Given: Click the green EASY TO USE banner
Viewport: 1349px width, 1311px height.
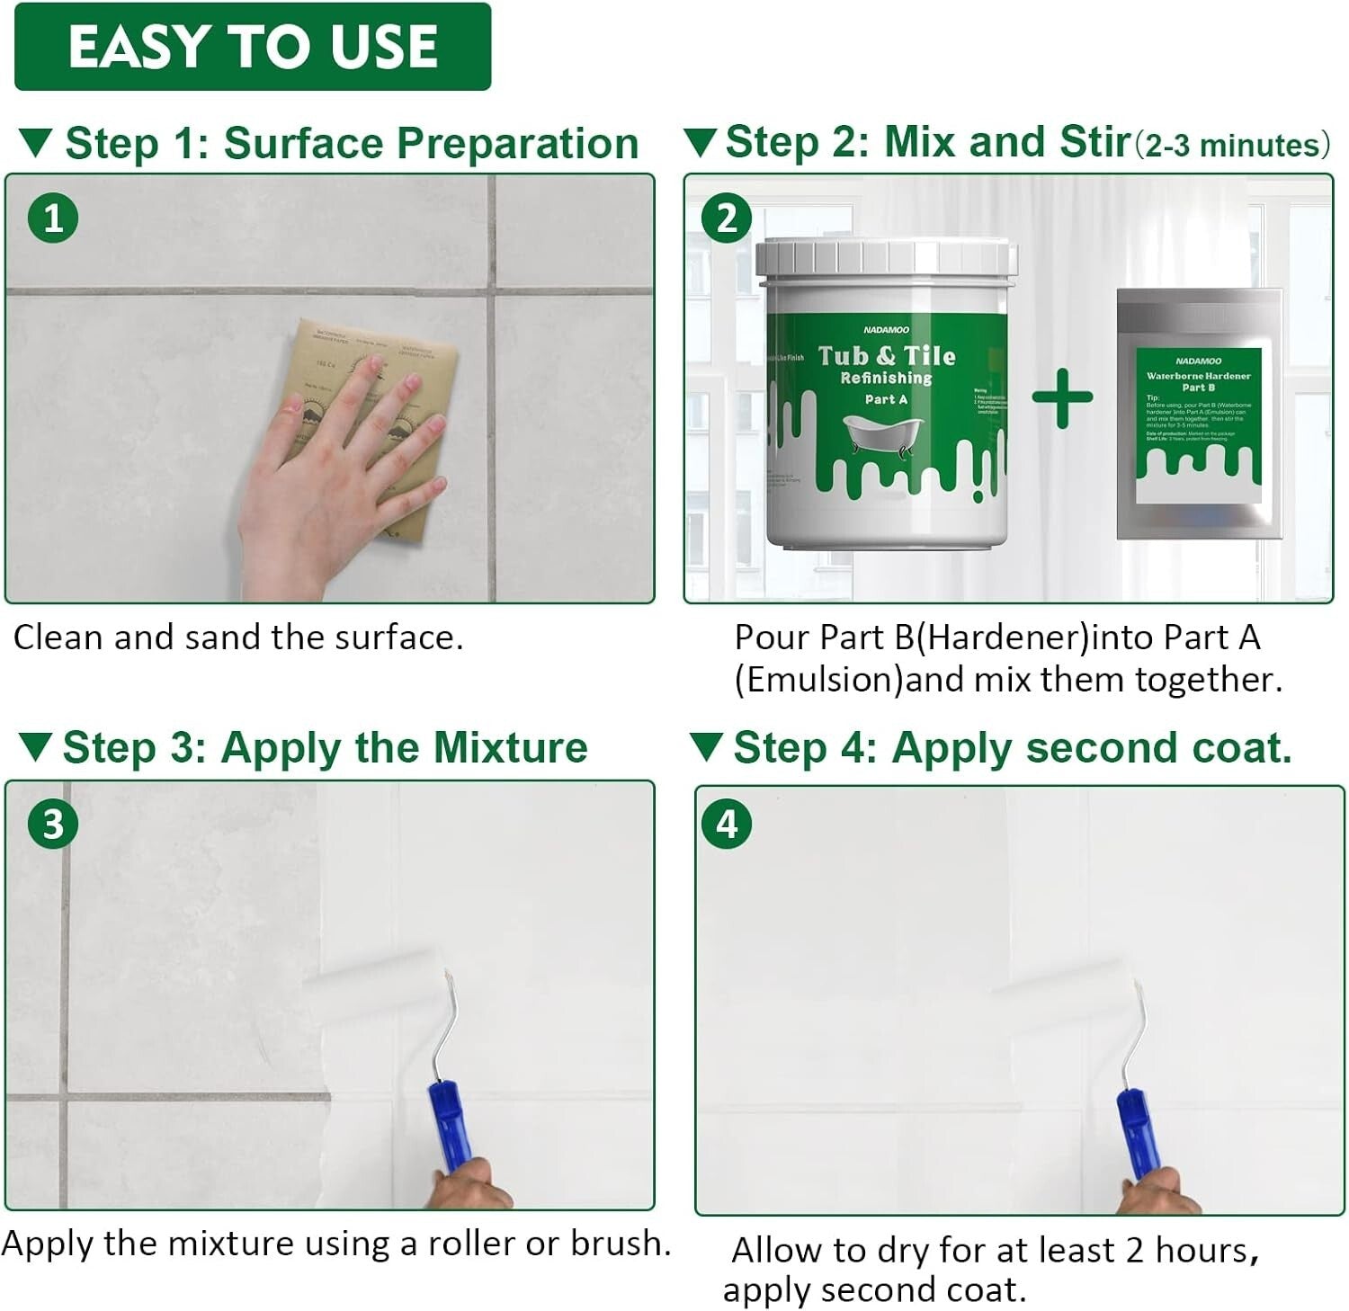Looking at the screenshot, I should click(x=253, y=47).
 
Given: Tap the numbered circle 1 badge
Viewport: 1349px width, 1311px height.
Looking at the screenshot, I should click(x=53, y=218).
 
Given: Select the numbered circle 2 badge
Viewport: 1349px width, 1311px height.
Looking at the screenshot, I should click(x=727, y=218).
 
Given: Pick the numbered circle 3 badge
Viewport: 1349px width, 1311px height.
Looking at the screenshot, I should click(x=53, y=824).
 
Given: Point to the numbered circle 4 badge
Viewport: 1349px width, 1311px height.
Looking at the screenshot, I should click(x=727, y=824).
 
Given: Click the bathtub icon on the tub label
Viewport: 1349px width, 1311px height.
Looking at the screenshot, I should click(x=881, y=436).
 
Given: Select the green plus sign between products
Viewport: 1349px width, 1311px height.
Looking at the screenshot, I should click(x=1062, y=397).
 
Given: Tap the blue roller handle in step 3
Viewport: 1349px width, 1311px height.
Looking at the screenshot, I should click(x=446, y=1124).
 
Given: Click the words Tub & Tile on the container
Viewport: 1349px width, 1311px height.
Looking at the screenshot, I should click(x=887, y=356).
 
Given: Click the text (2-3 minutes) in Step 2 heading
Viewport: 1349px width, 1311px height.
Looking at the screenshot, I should click(x=1233, y=145).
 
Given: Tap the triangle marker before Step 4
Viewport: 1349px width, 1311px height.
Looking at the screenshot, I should click(x=706, y=747).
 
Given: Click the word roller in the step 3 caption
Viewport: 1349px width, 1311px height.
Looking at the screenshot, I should click(x=471, y=1244).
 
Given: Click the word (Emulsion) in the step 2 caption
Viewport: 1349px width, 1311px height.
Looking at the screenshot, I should click(x=818, y=680).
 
